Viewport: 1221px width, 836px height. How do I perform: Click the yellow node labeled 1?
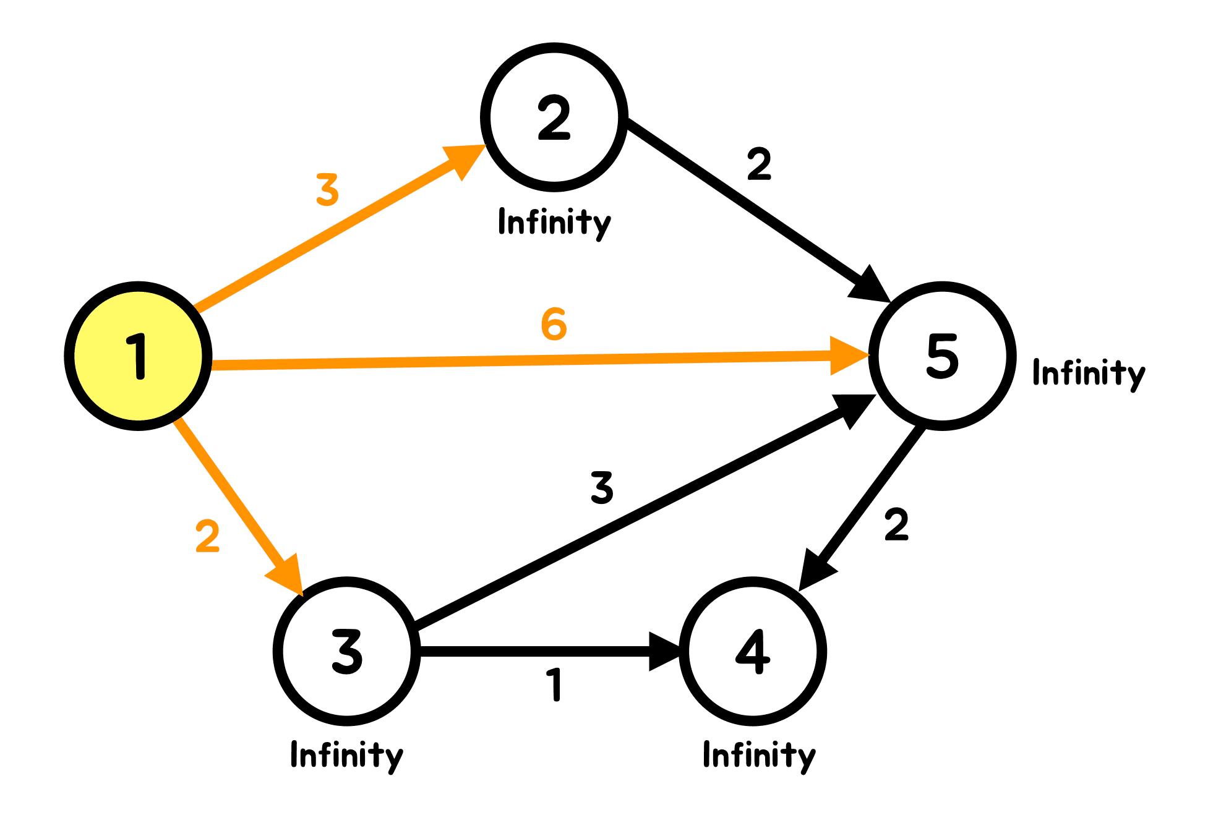(138, 356)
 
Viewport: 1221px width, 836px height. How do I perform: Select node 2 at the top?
(554, 117)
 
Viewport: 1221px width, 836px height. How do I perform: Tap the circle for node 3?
(346, 650)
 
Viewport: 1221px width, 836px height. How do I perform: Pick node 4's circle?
(752, 650)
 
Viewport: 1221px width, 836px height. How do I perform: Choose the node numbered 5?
(942, 356)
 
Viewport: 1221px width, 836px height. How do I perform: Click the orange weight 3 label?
(327, 190)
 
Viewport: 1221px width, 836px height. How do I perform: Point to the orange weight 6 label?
(554, 324)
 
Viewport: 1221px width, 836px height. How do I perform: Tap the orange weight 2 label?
(207, 536)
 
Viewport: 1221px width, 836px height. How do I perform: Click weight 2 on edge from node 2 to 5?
(759, 164)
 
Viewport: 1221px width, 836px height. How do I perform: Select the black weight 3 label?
(601, 487)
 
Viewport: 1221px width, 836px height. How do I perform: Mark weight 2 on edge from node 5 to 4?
(896, 524)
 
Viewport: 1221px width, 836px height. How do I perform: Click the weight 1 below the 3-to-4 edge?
(555, 685)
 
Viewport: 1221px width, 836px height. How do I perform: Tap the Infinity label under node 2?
(554, 223)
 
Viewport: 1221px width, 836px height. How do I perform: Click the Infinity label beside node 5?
(1089, 373)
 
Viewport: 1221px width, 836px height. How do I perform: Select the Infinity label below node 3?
(346, 756)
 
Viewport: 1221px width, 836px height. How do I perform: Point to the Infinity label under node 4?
(759, 756)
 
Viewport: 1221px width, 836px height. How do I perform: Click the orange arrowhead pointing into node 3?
(288, 574)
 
